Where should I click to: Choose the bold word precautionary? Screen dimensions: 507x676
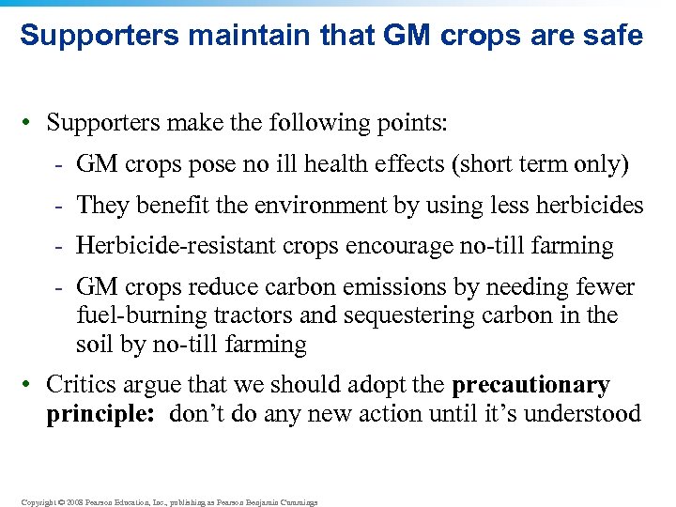tap(530, 386)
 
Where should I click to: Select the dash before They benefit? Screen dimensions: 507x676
tap(58, 206)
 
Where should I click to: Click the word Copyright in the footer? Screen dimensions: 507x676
tap(37, 502)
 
